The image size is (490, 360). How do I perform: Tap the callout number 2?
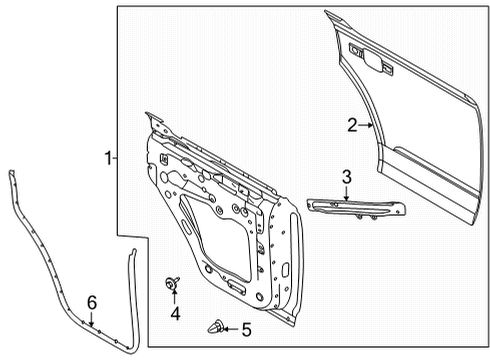pyautogui.click(x=352, y=125)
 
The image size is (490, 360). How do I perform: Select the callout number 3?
pyautogui.click(x=346, y=178)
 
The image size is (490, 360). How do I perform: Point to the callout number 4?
pyautogui.click(x=174, y=314)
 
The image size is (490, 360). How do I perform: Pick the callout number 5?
pyautogui.click(x=245, y=327)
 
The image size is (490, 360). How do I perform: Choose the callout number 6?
pyautogui.click(x=90, y=301)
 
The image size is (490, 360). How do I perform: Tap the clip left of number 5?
pyautogui.click(x=215, y=326)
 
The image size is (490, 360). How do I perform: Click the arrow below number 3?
pyautogui.click(x=346, y=195)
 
